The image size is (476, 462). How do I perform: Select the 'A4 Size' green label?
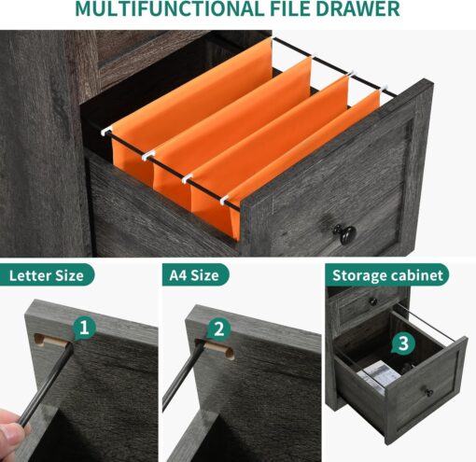click(194, 275)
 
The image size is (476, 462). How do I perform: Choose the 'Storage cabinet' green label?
click(386, 275)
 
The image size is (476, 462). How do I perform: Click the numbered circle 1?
click(85, 329)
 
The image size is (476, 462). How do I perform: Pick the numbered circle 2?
click(219, 329)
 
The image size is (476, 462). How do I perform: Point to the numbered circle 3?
click(402, 343)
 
